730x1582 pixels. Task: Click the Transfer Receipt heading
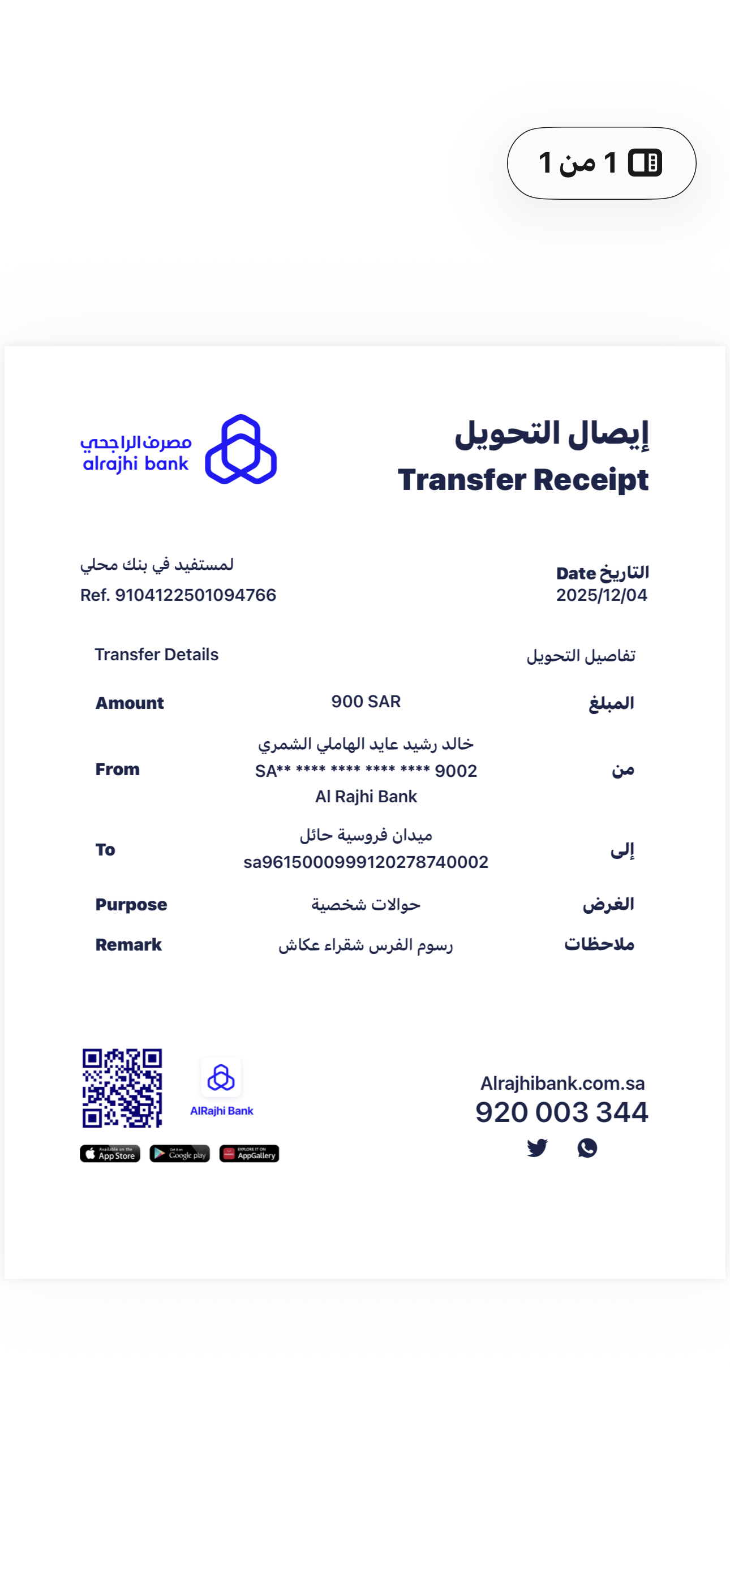522,480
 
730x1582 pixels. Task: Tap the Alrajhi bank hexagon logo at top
241,450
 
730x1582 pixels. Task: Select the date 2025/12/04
601,595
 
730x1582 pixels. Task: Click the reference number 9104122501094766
195,595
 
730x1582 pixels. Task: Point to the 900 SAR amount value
366,702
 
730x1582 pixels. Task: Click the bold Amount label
129,703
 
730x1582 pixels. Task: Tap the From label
117,769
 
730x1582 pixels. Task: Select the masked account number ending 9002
366,771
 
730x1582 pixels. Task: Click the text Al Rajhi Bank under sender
366,797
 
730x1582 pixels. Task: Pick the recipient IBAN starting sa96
366,862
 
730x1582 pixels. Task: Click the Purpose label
131,905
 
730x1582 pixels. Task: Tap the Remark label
128,944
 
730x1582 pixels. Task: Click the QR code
122,1087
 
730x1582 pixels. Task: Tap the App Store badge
110,1154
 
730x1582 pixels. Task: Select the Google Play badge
179,1154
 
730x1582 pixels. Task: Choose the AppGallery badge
249,1154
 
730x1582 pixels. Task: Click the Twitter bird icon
537,1148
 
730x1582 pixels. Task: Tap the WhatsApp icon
587,1148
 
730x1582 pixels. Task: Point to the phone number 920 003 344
561,1112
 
